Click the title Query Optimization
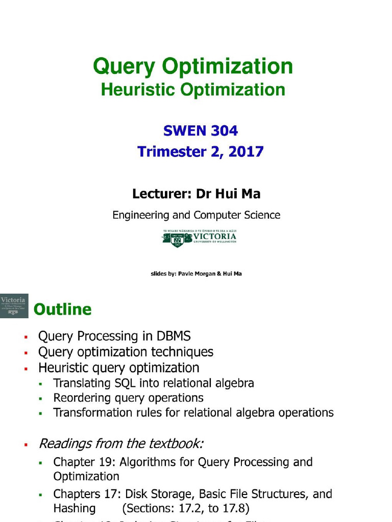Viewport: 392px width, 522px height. point(193,67)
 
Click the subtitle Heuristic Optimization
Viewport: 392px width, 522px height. point(193,90)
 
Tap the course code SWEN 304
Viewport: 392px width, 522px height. point(200,131)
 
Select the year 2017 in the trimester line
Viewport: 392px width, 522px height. point(246,151)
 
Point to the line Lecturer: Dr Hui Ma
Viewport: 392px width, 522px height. point(197,194)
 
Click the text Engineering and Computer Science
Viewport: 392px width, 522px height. point(196,215)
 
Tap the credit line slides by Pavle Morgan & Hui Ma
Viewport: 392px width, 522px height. point(196,274)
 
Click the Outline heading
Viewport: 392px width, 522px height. point(62,309)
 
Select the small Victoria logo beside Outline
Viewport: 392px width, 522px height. point(14,306)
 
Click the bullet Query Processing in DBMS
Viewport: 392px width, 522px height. point(114,336)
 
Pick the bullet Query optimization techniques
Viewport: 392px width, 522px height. point(126,352)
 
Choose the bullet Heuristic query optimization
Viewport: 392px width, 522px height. point(118,368)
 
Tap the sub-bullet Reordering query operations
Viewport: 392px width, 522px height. point(128,398)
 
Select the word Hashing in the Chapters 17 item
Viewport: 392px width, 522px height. point(74,508)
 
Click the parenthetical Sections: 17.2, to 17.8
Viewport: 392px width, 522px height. point(185,508)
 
